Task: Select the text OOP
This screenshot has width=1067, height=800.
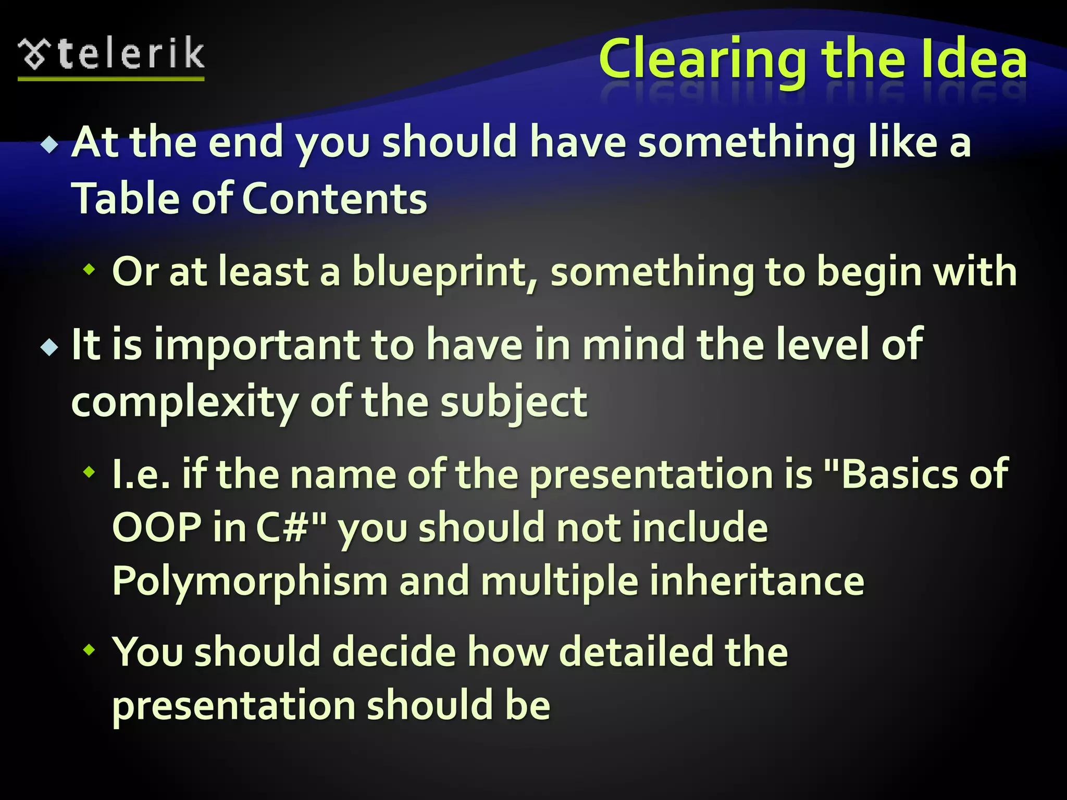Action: tap(157, 527)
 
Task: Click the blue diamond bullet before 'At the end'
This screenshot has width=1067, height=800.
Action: tap(50, 144)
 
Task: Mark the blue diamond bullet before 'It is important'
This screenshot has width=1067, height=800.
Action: tap(50, 347)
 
